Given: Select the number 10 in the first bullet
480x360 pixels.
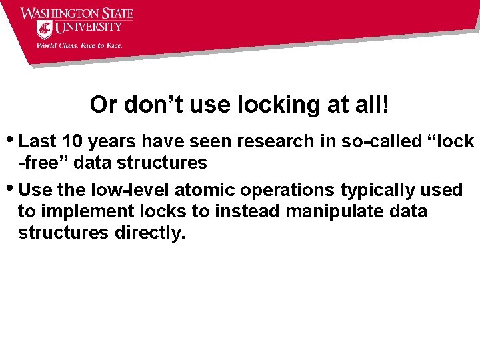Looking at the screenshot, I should pos(71,141).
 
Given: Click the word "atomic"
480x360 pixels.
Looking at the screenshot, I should pos(205,190).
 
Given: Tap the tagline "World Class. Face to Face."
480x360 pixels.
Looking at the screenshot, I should pos(79,46).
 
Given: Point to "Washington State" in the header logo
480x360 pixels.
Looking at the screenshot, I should pos(77,13).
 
